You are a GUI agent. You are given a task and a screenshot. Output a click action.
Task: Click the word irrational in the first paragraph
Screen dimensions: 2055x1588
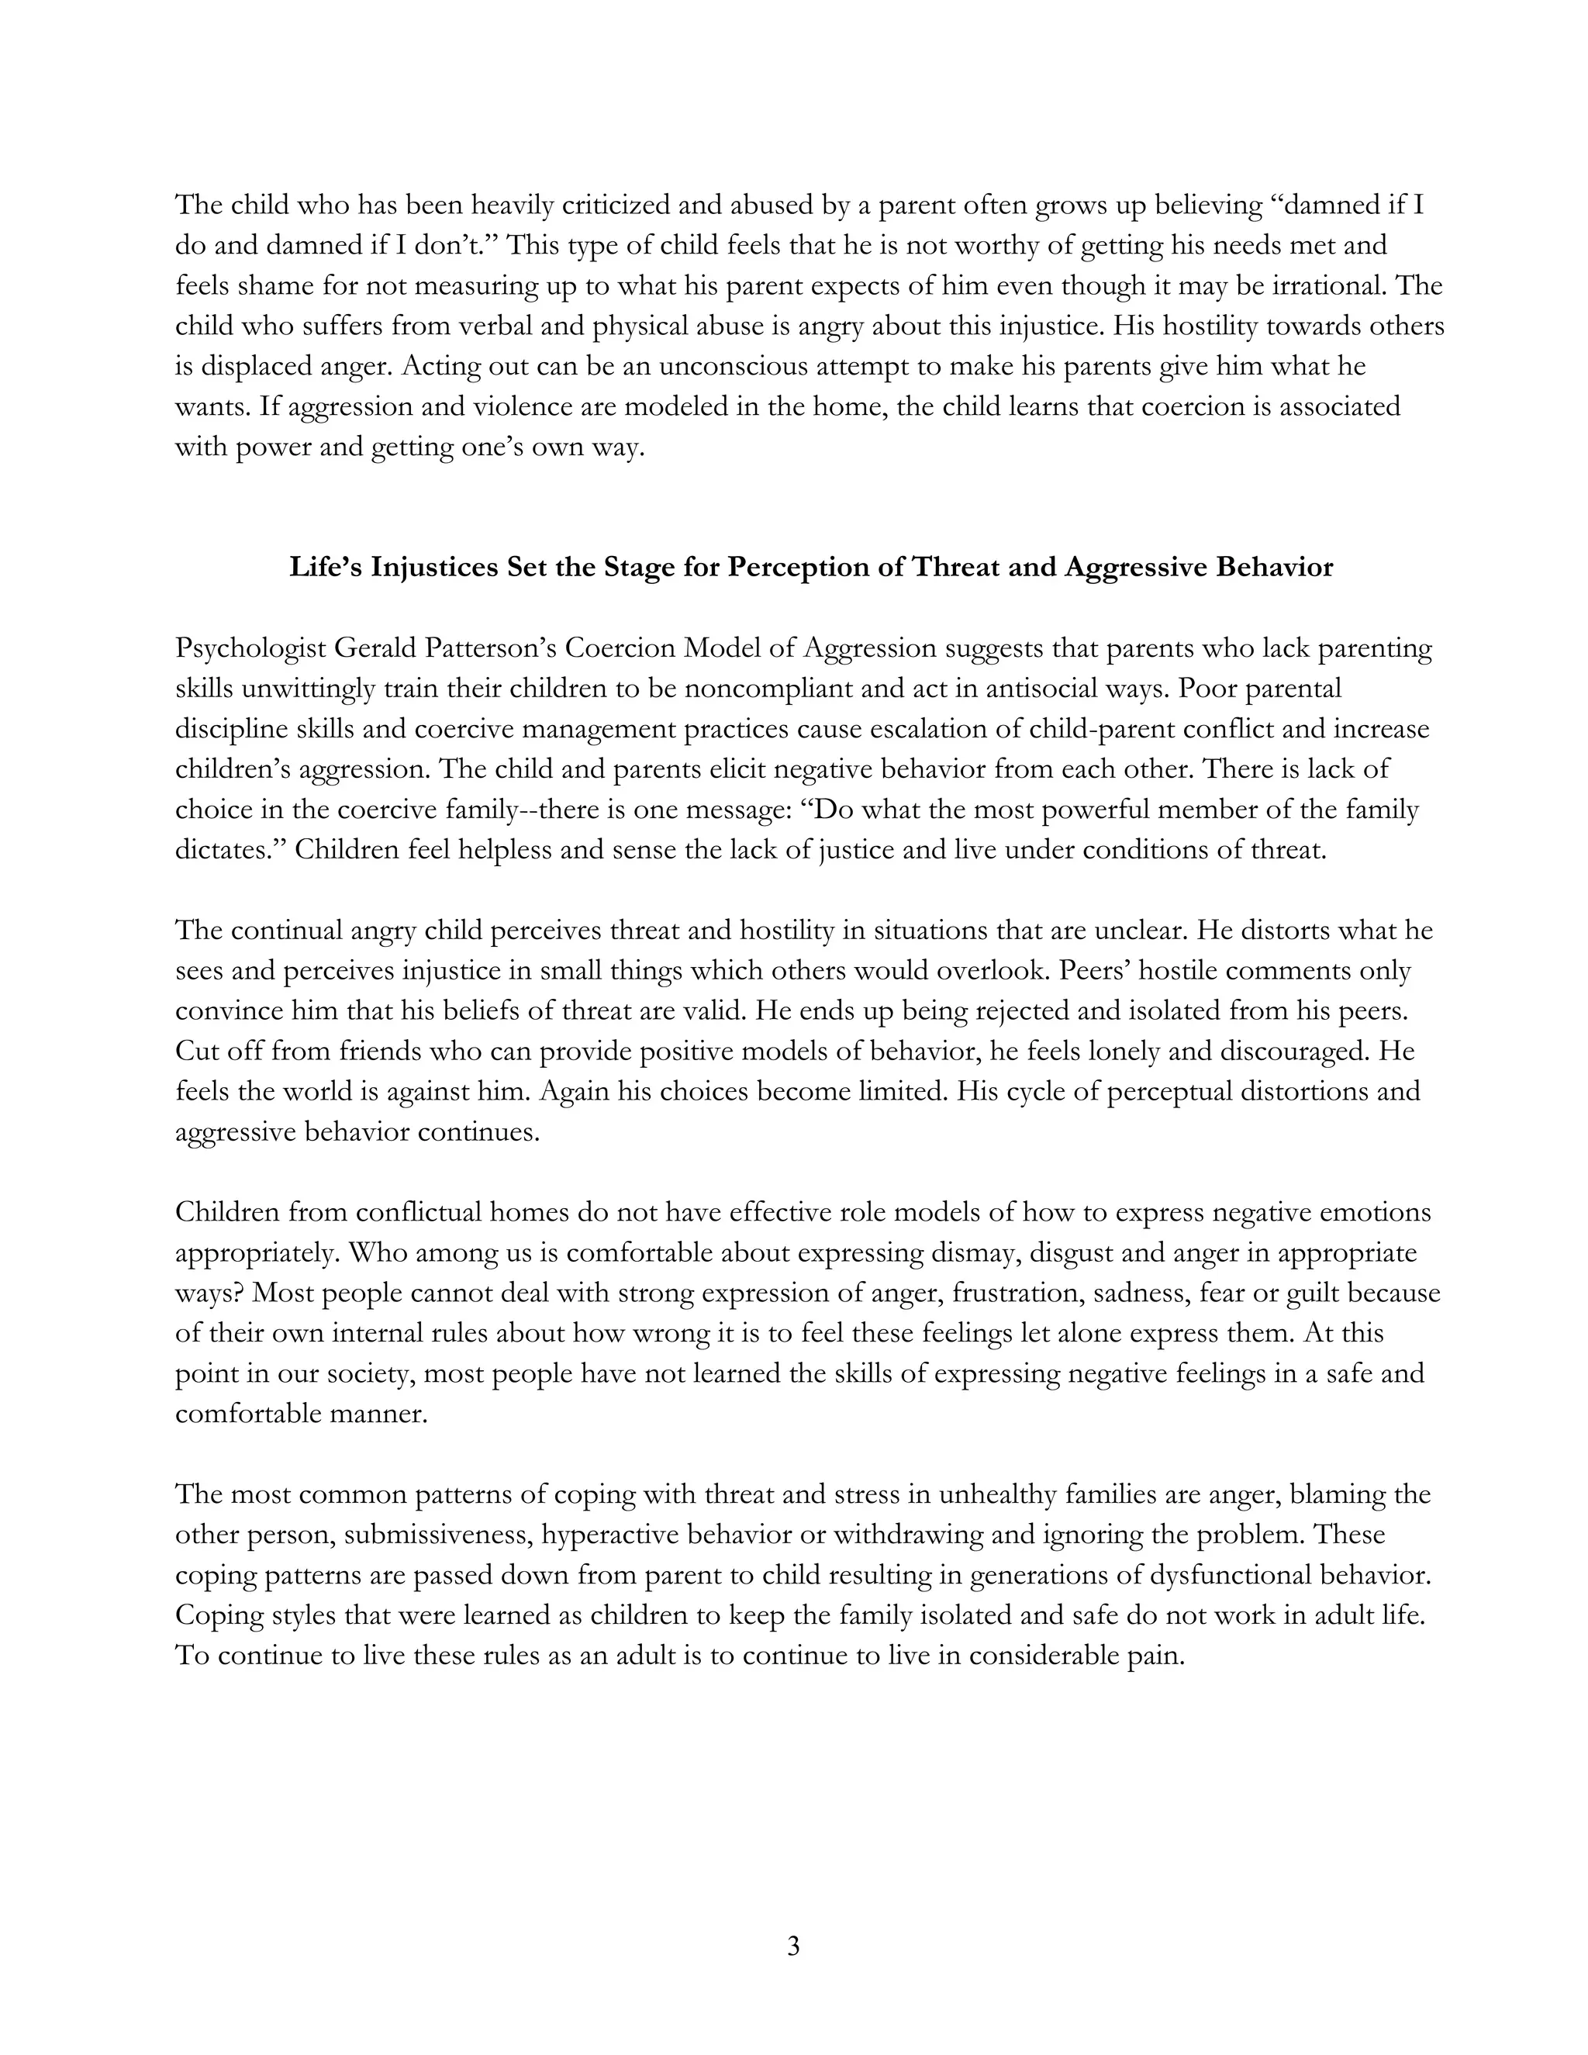(x=1327, y=285)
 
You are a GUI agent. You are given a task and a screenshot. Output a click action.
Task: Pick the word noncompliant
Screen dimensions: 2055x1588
(x=777, y=689)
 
